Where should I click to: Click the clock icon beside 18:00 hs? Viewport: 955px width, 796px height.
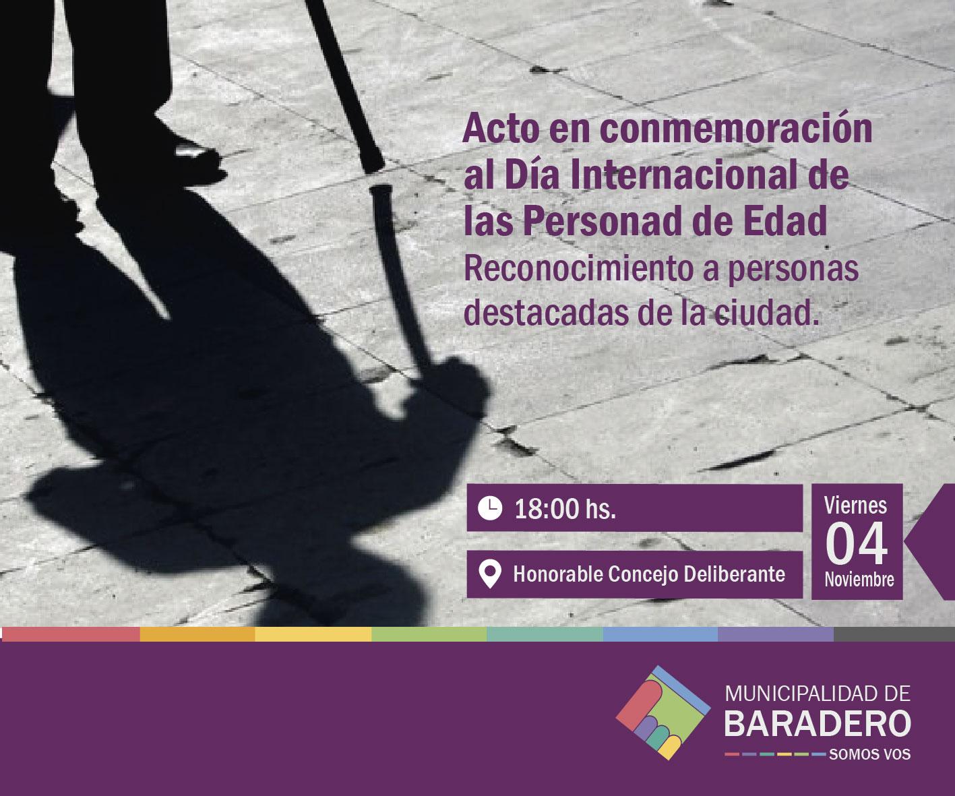tap(490, 508)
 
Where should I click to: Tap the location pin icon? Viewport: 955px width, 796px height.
tap(490, 574)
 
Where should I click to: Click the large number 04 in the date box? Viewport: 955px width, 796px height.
tap(857, 545)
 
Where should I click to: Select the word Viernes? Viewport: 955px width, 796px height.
tap(855, 506)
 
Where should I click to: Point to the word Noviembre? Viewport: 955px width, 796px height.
tap(859, 579)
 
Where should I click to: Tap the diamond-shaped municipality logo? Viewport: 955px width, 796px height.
tap(663, 712)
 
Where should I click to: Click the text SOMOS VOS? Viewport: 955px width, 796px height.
tap(869, 754)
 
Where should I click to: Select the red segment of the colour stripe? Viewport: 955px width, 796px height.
tap(71, 634)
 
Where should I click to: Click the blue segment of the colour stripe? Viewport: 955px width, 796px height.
tap(660, 634)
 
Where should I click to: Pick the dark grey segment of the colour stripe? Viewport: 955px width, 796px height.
tap(894, 634)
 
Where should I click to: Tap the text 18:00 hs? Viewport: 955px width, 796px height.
tap(565, 509)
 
